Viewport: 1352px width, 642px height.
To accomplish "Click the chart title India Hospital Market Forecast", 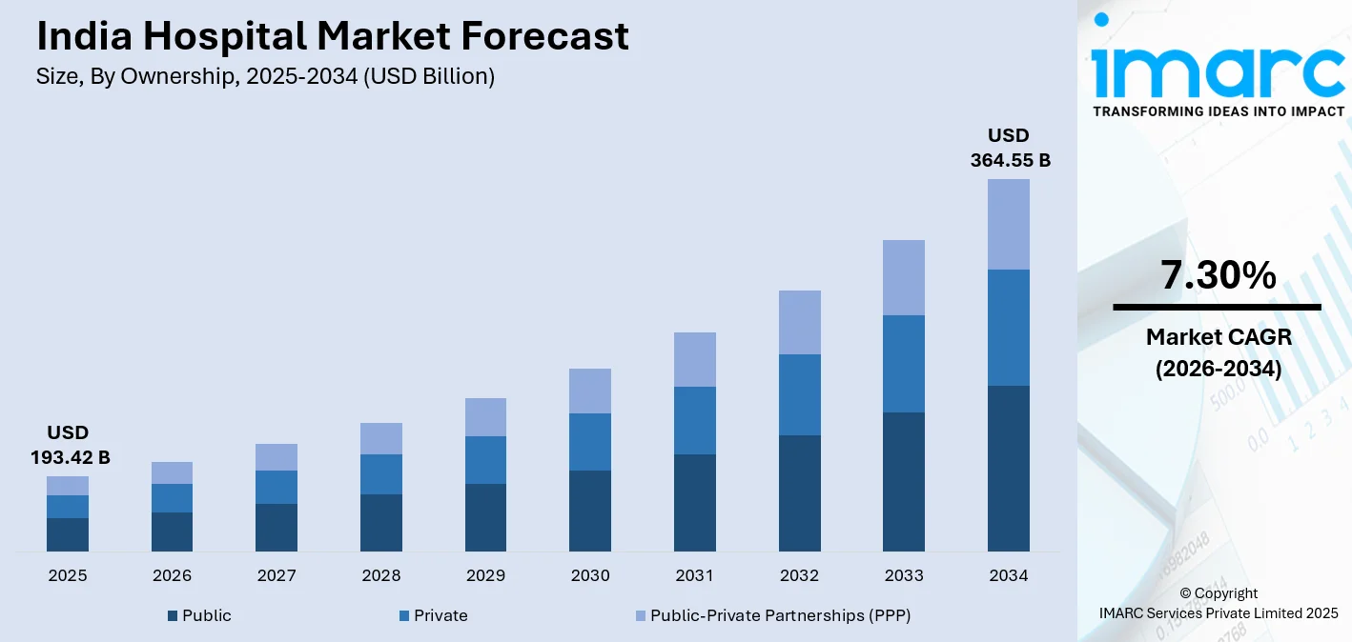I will pos(332,37).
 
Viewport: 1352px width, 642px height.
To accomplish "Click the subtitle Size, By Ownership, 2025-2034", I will pos(265,77).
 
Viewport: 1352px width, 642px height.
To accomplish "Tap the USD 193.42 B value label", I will pos(71,446).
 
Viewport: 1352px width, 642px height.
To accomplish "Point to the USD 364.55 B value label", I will pos(1010,148).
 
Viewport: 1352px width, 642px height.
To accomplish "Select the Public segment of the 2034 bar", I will pos(1008,468).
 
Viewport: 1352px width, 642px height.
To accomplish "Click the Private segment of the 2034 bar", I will pos(1008,328).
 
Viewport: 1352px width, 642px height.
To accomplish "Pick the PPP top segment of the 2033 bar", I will pos(903,277).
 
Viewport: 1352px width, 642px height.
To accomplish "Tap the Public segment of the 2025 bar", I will pos(68,534).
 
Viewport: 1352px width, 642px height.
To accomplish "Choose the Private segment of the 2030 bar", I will pos(590,441).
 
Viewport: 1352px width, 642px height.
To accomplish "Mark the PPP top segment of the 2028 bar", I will pos(380,438).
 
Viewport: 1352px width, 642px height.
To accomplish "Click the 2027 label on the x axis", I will pos(277,575).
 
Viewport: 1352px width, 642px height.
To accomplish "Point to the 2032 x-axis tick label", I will pos(799,575).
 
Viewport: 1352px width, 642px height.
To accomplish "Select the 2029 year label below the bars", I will pos(485,575).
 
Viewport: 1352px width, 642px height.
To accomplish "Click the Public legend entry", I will pos(199,615).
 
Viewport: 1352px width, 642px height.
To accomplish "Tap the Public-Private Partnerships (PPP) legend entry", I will pos(772,615).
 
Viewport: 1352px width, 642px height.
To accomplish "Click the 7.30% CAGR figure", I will pos(1218,275).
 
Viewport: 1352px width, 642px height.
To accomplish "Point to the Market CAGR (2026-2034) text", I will pos(1218,352).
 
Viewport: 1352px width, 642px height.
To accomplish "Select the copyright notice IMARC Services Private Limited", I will pos(1218,612).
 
